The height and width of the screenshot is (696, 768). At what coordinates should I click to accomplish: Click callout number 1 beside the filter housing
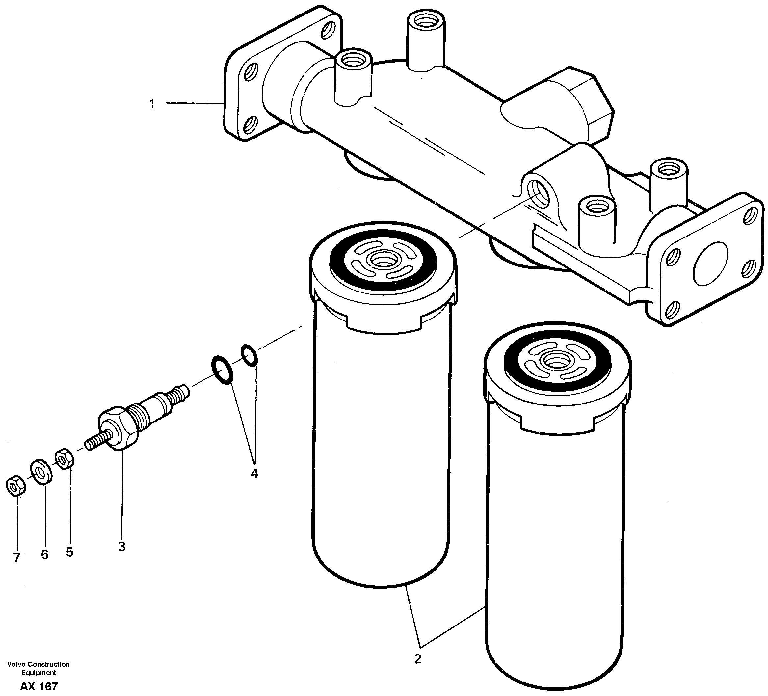click(152, 104)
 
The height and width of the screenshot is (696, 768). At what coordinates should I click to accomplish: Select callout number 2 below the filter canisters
click(418, 659)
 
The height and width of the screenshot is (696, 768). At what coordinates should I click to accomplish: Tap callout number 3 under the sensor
click(121, 546)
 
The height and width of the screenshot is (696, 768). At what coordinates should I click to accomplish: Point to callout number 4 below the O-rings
click(254, 473)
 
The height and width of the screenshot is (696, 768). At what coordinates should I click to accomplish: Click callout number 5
click(69, 552)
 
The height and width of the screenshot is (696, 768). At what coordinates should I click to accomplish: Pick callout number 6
click(44, 555)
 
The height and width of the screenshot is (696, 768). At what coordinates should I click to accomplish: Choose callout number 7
click(16, 557)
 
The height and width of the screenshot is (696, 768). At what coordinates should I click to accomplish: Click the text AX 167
click(39, 686)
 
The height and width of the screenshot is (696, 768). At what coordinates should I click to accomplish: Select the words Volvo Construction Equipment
click(39, 668)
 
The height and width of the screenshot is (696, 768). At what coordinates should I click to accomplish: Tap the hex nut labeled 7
click(15, 486)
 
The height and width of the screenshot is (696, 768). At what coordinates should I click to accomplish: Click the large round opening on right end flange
click(710, 263)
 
